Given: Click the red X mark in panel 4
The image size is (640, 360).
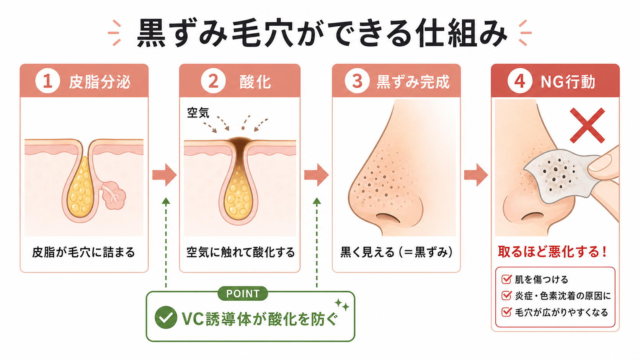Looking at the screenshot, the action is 588,125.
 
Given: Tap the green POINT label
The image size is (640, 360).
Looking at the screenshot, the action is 243,293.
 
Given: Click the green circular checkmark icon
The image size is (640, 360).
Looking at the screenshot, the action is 166,318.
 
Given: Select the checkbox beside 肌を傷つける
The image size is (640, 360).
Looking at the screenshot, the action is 506,279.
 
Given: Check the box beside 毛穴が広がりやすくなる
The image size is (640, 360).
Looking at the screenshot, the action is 506,312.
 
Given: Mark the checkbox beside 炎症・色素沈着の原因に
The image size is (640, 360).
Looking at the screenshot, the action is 506,295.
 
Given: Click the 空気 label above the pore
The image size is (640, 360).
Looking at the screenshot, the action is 198,112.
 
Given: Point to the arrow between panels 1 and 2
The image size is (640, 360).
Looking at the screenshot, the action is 164,175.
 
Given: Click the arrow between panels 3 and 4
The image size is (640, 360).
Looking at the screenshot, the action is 476,175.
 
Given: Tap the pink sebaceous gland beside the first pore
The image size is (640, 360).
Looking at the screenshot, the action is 114,195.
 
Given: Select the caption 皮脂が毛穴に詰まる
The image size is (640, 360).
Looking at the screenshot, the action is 83,252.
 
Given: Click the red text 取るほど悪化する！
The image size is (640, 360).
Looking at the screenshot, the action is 552,252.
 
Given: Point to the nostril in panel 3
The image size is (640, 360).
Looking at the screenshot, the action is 388,218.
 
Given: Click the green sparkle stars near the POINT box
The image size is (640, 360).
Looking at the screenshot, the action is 342,305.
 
